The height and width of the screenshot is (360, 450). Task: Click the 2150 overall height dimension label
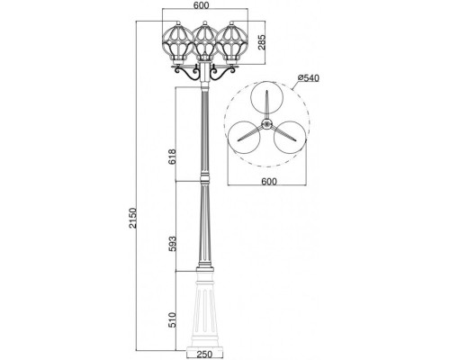pos(132,218)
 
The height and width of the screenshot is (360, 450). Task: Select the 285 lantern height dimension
pos(261,43)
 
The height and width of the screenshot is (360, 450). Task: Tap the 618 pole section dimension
pos(171,157)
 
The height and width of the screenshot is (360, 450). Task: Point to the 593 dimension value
pos(171,243)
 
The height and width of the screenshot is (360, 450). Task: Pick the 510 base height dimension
pos(171,319)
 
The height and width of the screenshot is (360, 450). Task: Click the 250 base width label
pos(204,355)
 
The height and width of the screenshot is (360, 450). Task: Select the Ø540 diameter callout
pos(309,78)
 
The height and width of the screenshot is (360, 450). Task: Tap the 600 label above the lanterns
pos(201,5)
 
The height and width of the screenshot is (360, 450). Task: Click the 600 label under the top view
pos(269,182)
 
